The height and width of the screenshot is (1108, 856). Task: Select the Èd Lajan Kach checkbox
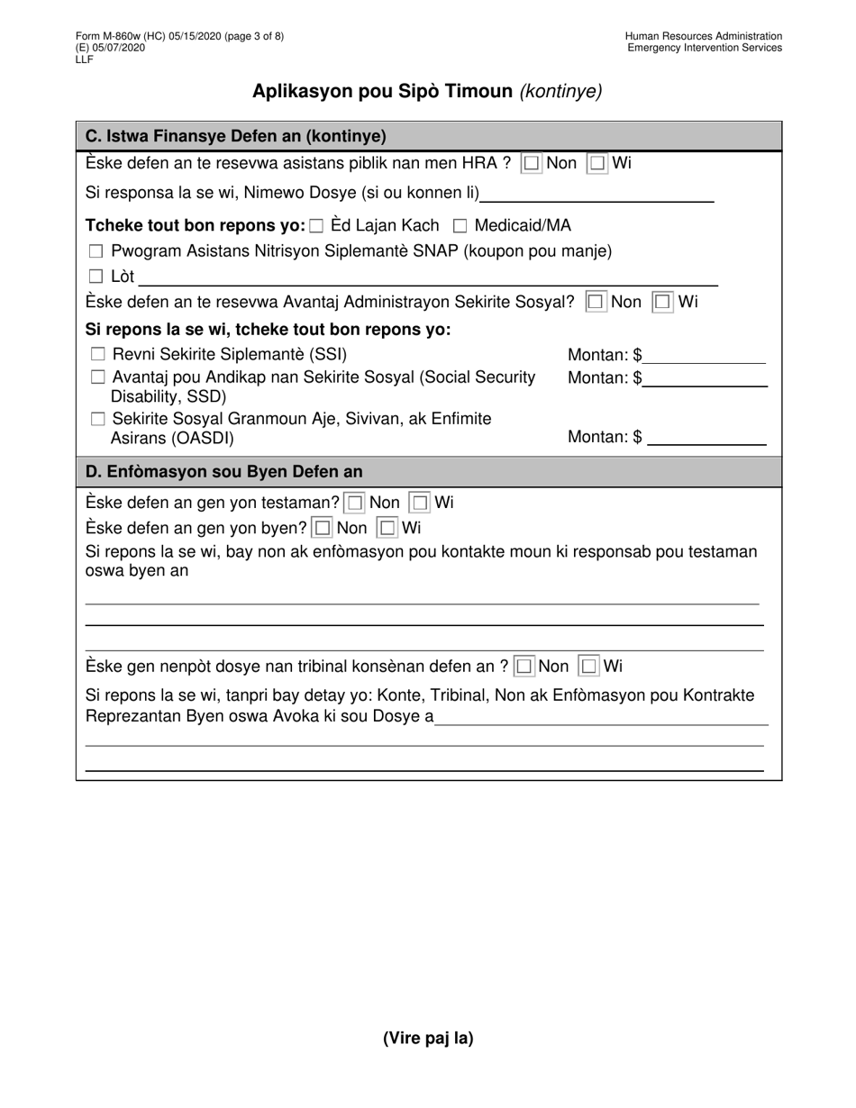pyautogui.click(x=316, y=226)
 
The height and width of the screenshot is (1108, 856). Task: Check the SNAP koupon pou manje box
pyautogui.click(x=96, y=252)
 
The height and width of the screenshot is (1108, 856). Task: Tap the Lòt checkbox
pyautogui.click(x=96, y=277)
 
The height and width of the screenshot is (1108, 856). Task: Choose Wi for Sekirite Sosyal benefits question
pyautogui.click(x=663, y=303)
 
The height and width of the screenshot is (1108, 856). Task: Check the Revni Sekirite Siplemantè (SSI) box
pyautogui.click(x=98, y=355)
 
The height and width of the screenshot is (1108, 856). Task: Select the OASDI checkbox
pyautogui.click(x=98, y=419)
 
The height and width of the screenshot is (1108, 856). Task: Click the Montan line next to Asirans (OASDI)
pyautogui.click(x=706, y=439)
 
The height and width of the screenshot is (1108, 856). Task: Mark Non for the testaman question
pyautogui.click(x=356, y=503)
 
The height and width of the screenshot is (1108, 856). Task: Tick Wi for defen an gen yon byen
pyautogui.click(x=387, y=528)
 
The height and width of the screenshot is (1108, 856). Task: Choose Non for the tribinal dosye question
pyautogui.click(x=524, y=668)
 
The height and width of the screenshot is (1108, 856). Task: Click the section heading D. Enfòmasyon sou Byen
pyautogui.click(x=223, y=471)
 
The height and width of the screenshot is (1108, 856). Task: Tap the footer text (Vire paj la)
pyautogui.click(x=428, y=1038)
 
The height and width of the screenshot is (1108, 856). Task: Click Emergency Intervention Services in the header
pyautogui.click(x=705, y=48)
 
